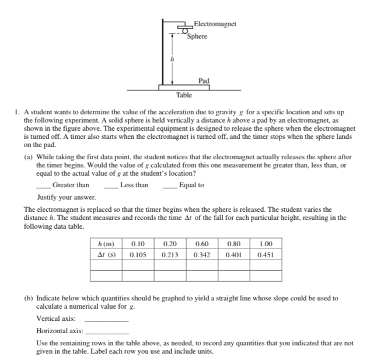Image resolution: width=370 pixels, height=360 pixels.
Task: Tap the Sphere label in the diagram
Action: [x=197, y=36]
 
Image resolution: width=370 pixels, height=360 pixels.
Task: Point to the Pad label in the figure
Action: [x=204, y=81]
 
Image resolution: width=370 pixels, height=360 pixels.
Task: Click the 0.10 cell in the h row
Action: [x=138, y=244]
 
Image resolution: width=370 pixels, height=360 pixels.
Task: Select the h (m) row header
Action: [x=106, y=244]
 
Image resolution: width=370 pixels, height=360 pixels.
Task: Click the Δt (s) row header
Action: [x=106, y=255]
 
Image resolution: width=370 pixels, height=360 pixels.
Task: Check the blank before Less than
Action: [x=111, y=187]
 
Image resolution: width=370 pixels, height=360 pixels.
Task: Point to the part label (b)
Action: [x=29, y=298]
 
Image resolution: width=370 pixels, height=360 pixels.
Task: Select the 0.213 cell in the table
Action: [x=170, y=255]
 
